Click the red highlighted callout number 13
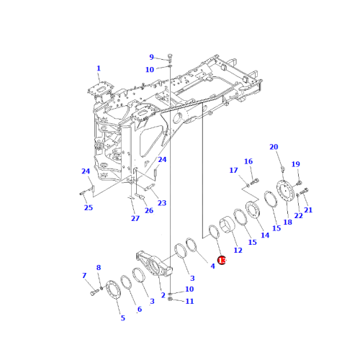(222, 261)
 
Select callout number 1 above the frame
(99, 68)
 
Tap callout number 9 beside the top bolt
(151, 57)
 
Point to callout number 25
(88, 208)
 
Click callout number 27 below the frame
(135, 218)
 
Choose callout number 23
(161, 203)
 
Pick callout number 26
(148, 210)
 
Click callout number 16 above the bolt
(248, 161)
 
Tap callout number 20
(274, 147)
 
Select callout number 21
(308, 210)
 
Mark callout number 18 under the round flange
(287, 222)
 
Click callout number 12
(238, 249)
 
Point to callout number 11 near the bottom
(189, 301)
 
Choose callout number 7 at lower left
(84, 276)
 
